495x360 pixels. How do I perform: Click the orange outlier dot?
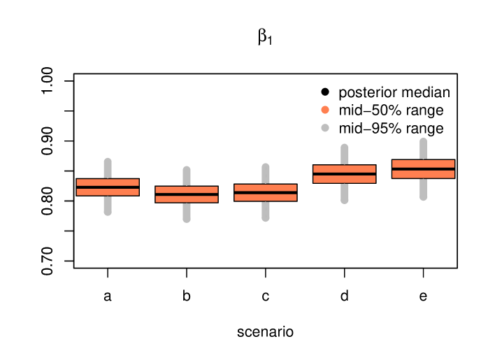pos(325,110)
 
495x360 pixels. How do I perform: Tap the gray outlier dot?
pos(325,128)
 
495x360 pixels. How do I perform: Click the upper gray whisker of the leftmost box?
pos(108,168)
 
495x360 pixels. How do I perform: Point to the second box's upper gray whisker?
pos(187,176)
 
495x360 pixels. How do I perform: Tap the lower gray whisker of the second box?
pos(187,213)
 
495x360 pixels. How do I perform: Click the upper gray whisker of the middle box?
pos(266,174)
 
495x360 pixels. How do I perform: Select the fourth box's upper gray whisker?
pos(345,154)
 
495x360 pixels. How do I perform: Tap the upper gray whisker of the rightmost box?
pos(424,149)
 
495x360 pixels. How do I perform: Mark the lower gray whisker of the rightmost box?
pos(424,189)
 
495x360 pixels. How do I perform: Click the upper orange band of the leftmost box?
pos(108,182)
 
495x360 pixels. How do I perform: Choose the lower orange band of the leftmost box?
pos(108,192)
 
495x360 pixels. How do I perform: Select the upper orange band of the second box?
pos(187,189)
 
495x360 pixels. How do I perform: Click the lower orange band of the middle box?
pos(266,198)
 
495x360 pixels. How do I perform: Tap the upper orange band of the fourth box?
pos(345,168)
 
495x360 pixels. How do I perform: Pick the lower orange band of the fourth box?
pos(345,180)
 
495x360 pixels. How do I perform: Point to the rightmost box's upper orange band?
pos(424,164)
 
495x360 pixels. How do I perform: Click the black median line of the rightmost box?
pos(424,169)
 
